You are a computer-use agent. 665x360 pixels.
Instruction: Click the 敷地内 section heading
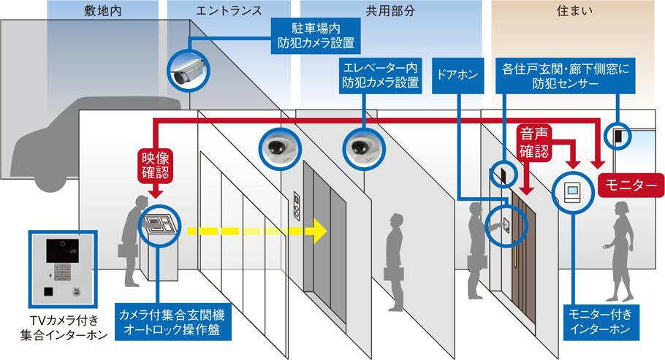tap(102, 11)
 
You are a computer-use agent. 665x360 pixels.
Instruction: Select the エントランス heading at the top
tap(229, 11)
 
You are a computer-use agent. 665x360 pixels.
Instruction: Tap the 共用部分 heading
tap(390, 11)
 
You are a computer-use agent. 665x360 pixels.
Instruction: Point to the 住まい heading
tap(574, 11)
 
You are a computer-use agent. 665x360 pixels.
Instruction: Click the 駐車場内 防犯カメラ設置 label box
tap(316, 36)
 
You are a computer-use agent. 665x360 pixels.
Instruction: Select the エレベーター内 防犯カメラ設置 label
tap(381, 75)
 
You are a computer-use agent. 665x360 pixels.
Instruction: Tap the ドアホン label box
tap(457, 75)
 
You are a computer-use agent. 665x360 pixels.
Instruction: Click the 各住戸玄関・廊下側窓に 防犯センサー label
tap(566, 75)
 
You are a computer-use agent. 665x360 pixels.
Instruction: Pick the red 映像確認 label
tap(156, 165)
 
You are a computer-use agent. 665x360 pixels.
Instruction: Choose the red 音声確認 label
tap(534, 142)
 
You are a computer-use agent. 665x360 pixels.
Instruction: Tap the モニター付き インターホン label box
tap(600, 321)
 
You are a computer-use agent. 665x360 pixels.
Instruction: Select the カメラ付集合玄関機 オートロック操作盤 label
tap(172, 322)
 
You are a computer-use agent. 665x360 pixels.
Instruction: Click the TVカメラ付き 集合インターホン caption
tap(64, 328)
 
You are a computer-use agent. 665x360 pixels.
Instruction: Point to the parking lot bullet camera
tap(189, 70)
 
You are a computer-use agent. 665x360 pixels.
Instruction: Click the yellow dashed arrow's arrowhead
tap(320, 231)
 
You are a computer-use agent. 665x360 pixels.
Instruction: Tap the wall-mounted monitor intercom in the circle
tap(572, 191)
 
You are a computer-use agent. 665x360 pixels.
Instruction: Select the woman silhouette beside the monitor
tap(621, 251)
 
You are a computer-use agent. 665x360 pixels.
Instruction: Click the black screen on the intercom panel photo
tap(62, 250)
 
